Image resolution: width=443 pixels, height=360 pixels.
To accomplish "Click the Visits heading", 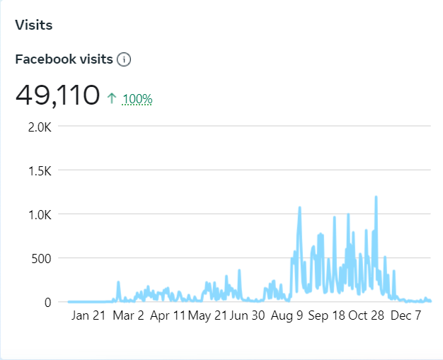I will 34,25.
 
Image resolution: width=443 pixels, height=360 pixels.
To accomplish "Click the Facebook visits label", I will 64,59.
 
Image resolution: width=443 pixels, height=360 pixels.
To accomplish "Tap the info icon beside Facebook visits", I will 125,59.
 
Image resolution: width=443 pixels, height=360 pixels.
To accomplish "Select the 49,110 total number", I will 57,95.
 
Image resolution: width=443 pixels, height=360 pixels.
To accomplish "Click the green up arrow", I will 112,99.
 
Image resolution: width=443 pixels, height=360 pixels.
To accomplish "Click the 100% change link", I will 137,99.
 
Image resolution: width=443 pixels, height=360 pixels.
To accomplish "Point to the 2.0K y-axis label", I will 38,127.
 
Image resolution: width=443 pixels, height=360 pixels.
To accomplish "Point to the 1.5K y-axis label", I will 38,171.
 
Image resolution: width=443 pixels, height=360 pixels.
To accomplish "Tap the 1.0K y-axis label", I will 38,214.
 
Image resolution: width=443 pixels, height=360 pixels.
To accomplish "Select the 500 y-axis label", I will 41,258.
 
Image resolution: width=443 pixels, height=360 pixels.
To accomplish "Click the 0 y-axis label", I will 47,302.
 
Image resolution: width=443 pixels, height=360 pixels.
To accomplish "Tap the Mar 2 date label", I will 128,315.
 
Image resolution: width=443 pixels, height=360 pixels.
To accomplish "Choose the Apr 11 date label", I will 168,315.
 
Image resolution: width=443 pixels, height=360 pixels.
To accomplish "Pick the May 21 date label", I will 208,315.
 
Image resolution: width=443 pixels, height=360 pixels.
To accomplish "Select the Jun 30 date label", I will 247,315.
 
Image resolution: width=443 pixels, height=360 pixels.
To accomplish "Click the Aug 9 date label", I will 287,315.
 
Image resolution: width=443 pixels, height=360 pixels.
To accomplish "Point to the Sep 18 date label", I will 326,315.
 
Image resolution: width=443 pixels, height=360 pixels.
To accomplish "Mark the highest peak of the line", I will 376,197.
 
